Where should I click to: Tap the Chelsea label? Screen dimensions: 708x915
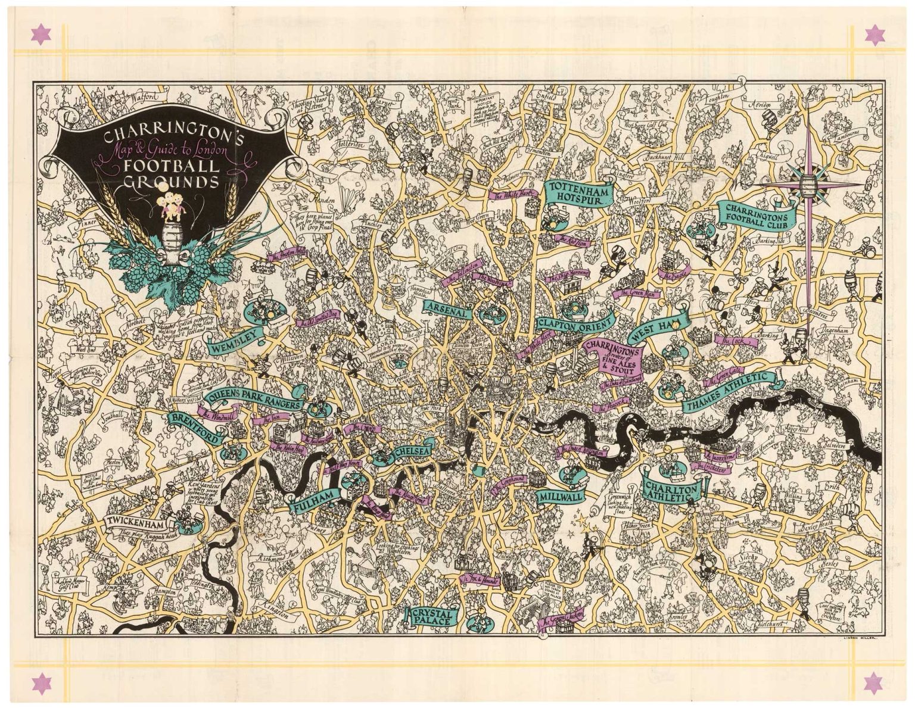412,453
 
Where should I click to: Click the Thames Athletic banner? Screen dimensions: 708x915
730,393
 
